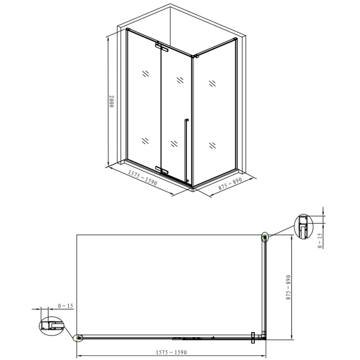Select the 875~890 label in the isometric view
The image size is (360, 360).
pyautogui.click(x=230, y=184)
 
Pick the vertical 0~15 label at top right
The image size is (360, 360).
pyautogui.click(x=320, y=241)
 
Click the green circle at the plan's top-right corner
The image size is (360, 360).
pyautogui.click(x=265, y=237)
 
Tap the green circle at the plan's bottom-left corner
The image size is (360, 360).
pyautogui.click(x=79, y=337)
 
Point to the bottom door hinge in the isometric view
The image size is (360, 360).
pyautogui.click(x=162, y=169)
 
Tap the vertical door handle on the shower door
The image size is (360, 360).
pyautogui.click(x=184, y=148)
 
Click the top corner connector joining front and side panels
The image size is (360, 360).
pyautogui.click(x=195, y=56)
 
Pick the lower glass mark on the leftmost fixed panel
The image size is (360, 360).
pyautogui.click(x=145, y=140)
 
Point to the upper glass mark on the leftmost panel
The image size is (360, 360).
pyautogui.click(x=145, y=74)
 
